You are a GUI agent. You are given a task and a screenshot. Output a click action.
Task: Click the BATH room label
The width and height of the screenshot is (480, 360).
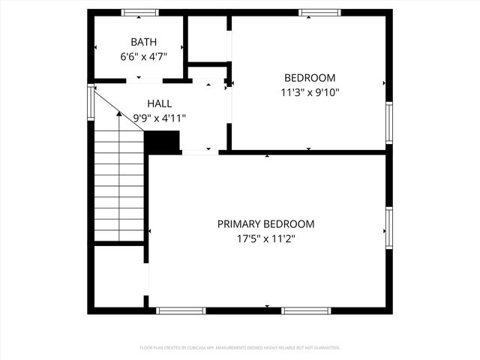pos(139,41)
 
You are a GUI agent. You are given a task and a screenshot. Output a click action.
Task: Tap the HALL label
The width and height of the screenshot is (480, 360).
pos(159,103)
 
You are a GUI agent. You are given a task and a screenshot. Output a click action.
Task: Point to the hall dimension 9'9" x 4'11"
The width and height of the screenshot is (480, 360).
pos(159,118)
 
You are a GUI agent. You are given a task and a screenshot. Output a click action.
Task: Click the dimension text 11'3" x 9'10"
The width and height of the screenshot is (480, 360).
pos(309,93)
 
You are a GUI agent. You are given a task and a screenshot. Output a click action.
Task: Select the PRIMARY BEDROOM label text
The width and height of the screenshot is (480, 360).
pos(265,223)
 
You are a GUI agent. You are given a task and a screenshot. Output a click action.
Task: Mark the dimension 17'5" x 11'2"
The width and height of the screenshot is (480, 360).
pos(265,238)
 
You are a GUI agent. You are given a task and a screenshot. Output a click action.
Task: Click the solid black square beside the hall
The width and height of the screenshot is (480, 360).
pos(162,142)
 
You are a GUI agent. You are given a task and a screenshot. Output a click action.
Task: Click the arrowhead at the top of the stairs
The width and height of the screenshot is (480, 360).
pos(118,114)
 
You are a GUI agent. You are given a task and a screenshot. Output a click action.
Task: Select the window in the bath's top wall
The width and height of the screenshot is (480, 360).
pos(140,13)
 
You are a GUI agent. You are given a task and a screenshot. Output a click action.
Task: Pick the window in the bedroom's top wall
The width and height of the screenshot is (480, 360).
pos(319,13)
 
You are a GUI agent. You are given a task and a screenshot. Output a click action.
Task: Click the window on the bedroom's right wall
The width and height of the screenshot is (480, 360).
pos(388,122)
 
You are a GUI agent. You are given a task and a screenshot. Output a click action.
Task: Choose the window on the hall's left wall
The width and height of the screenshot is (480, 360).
pos(91,103)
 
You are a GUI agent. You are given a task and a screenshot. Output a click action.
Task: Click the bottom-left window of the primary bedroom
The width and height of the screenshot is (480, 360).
pos(181,310)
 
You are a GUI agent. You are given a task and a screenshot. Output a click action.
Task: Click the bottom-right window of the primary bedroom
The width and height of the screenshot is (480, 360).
pos(306,310)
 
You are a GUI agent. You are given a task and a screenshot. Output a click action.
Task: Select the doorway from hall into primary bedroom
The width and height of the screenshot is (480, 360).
pos(199,152)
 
